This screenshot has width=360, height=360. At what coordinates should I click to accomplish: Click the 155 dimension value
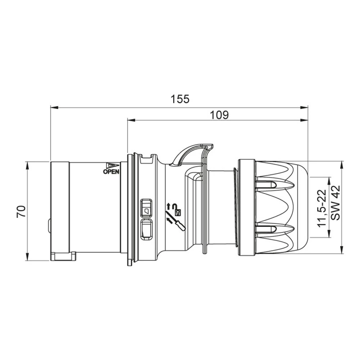(x=180, y=99)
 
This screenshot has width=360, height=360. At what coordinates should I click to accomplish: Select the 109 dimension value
(x=220, y=115)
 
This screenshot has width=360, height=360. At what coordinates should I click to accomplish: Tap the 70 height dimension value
(x=21, y=211)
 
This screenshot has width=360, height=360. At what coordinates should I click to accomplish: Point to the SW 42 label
(x=336, y=203)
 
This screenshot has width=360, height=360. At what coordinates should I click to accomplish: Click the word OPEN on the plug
(x=111, y=171)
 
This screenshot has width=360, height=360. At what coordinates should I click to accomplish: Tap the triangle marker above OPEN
(x=113, y=166)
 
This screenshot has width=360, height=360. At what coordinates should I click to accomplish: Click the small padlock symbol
(x=178, y=212)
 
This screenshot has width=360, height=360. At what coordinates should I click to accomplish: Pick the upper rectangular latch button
(x=146, y=207)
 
